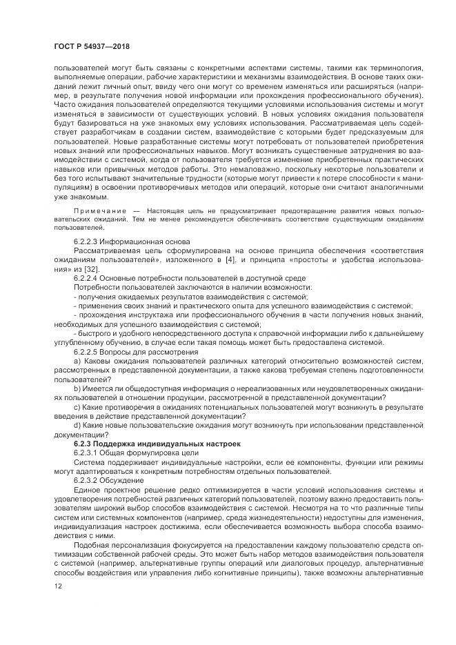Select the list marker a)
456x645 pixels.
tap(77, 360)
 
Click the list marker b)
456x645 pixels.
tap(77, 388)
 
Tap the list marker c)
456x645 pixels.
tap(77, 407)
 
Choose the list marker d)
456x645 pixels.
tap(77, 426)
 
